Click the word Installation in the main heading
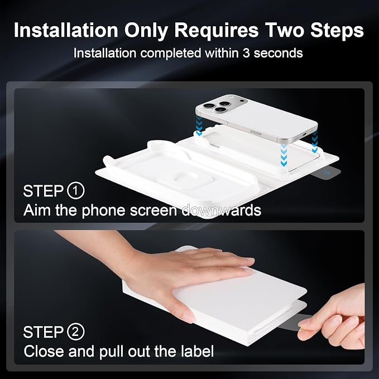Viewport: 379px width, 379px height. (66, 30)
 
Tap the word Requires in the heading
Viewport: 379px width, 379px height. (217, 31)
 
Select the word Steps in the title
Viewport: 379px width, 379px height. (337, 31)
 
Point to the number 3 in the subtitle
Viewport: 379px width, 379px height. (246, 53)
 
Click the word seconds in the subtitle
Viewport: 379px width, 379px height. (278, 53)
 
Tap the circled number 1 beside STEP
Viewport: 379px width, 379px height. (75, 191)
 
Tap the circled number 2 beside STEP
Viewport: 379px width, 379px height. (75, 332)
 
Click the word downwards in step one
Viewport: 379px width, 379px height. (221, 210)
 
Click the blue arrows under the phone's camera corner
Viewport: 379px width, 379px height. (199, 125)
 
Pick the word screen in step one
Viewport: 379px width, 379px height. (153, 210)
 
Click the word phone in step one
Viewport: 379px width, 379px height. (104, 211)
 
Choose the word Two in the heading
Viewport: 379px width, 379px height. (285, 31)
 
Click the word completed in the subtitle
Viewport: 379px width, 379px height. (171, 54)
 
